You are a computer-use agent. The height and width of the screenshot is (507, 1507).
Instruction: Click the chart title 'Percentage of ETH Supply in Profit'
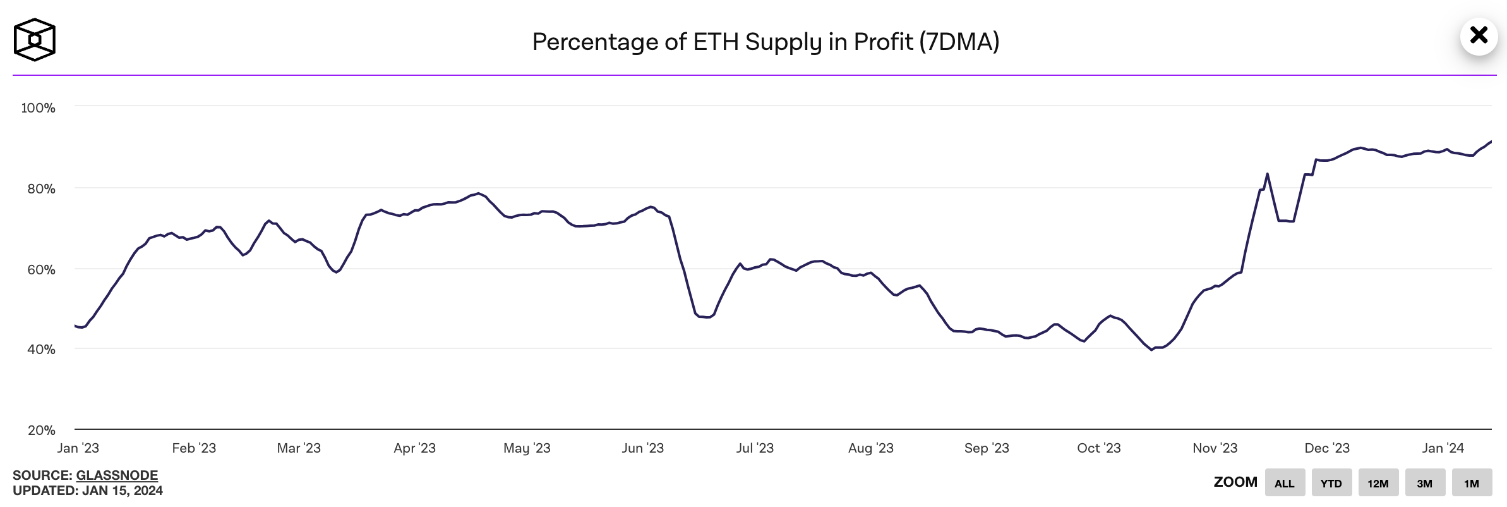[766, 42]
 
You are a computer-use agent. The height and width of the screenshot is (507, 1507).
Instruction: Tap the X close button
[1479, 35]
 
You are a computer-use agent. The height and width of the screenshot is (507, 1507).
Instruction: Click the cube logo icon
[35, 40]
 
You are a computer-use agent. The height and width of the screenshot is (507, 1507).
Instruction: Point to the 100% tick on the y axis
[39, 108]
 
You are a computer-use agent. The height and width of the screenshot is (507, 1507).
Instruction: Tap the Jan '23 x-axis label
[78, 448]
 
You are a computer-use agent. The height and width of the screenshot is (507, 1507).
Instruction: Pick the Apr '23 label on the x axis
[414, 448]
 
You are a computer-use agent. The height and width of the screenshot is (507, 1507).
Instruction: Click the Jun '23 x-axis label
[642, 448]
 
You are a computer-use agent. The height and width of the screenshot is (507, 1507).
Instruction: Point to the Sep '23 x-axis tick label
[987, 448]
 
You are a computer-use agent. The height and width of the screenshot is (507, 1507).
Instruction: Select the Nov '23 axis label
[1215, 448]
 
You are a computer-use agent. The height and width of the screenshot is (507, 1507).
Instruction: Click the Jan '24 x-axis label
[1443, 448]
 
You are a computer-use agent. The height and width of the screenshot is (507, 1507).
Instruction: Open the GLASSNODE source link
[117, 475]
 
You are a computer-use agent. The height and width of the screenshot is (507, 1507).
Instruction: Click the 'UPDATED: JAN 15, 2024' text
[88, 491]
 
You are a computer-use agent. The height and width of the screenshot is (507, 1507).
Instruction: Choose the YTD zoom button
[1331, 484]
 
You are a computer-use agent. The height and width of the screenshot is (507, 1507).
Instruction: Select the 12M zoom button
[1378, 484]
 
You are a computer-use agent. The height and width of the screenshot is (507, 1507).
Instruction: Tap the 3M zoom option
[1425, 484]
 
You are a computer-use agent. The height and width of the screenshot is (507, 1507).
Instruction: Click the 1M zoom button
[1472, 484]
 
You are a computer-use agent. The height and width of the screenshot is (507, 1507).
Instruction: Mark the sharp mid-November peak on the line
[1267, 174]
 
